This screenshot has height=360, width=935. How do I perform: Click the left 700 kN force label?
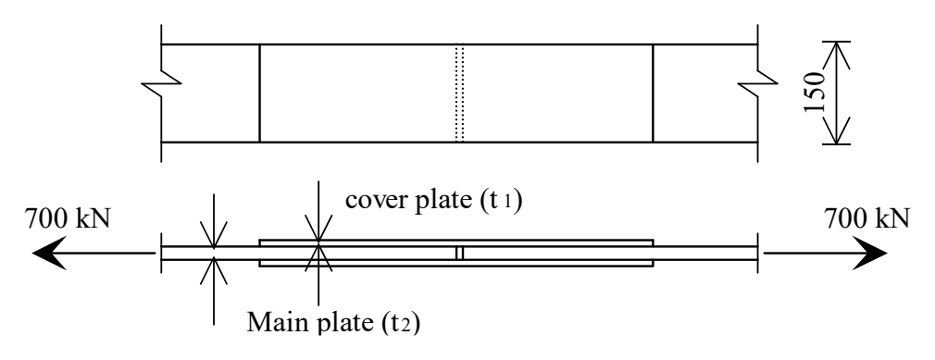(x=67, y=218)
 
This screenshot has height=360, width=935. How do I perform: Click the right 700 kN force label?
(x=867, y=218)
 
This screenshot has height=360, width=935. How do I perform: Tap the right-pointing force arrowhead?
(x=870, y=253)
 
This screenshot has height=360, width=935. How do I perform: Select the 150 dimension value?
(x=814, y=93)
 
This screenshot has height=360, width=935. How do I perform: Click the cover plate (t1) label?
(x=433, y=200)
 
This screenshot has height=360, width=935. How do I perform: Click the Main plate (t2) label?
(x=333, y=322)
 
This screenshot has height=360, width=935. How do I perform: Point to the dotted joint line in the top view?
(x=459, y=93)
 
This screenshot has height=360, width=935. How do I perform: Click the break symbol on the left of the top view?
(x=161, y=83)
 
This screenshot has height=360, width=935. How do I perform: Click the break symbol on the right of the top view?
(x=758, y=83)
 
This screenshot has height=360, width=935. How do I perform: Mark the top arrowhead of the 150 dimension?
(x=836, y=55)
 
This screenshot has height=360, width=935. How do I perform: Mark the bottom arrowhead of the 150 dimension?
(x=836, y=130)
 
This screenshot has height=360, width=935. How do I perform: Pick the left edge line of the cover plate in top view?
(x=259, y=93)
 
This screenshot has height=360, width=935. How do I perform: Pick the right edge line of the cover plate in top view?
(x=653, y=93)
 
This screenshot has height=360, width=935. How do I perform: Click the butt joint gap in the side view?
(x=459, y=253)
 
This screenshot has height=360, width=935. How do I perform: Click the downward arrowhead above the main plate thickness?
(x=214, y=234)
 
